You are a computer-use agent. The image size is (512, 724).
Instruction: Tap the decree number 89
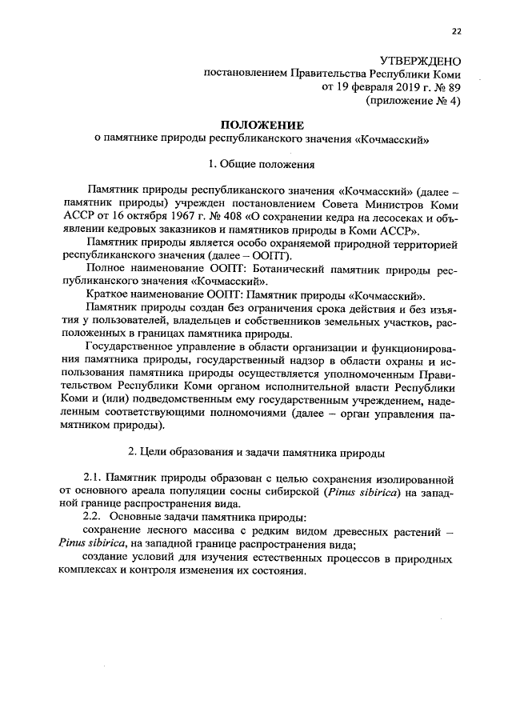pyautogui.click(x=454, y=87)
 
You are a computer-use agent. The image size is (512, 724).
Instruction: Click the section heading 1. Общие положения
pyautogui.click(x=262, y=166)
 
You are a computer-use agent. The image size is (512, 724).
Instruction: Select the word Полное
pyautogui.click(x=107, y=268)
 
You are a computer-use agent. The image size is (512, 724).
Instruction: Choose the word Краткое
pyautogui.click(x=110, y=294)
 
